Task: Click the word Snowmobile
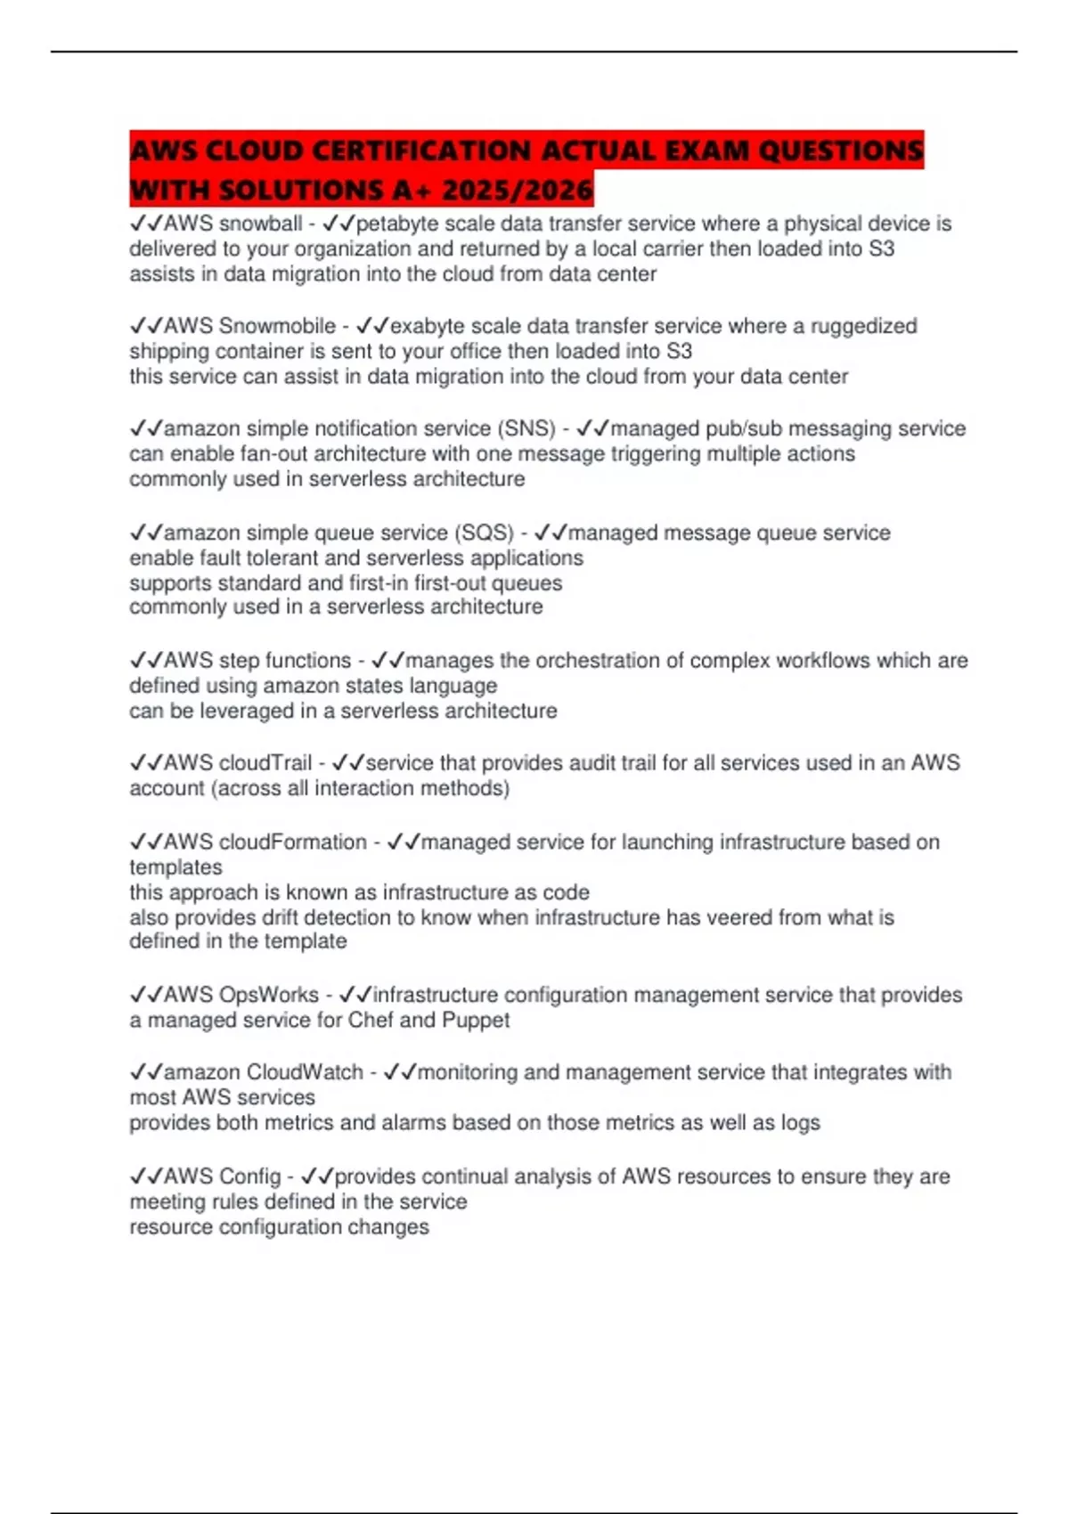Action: pos(277,326)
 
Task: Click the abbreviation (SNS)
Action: pos(529,428)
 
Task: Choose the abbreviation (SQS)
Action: pos(485,533)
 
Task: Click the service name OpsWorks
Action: pos(268,995)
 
